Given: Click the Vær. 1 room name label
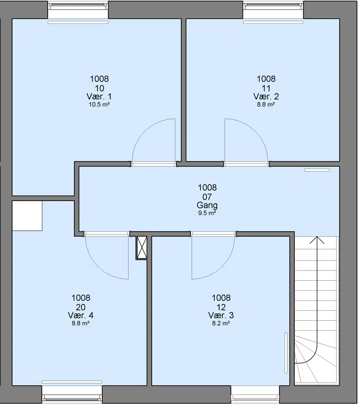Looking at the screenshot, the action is [x=99, y=97].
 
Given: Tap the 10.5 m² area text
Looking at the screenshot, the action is [x=99, y=105].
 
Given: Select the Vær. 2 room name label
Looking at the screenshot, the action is [x=266, y=97].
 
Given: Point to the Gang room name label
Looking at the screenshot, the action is [x=207, y=205].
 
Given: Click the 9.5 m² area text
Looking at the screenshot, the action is [x=207, y=213].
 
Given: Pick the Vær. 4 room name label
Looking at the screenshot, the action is [x=81, y=315].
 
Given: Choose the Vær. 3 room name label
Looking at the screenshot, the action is [x=221, y=315].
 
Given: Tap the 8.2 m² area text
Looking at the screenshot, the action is [x=221, y=323].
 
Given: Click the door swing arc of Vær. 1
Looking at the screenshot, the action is [x=144, y=132].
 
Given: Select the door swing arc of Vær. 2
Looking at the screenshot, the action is [x=255, y=132].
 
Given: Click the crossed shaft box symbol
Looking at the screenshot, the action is [x=141, y=248].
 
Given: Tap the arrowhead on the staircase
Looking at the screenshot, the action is [x=317, y=240].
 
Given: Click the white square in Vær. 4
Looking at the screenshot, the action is [x=27, y=216].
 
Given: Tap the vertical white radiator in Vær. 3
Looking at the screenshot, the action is [x=286, y=353].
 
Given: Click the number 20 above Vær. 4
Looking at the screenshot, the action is [x=81, y=307].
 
